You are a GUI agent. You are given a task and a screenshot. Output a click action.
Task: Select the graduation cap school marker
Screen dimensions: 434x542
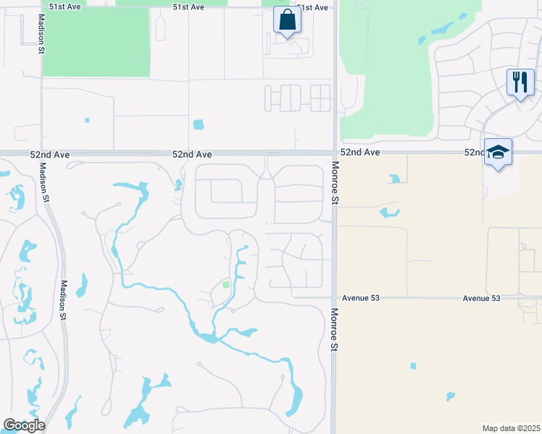[x=498, y=152]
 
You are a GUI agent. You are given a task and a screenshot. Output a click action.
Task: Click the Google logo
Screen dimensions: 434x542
[x=24, y=425]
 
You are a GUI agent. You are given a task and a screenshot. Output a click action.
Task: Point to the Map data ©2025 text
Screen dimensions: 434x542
[x=511, y=427]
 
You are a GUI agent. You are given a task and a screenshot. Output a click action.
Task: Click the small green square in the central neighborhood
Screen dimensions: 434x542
[x=225, y=285]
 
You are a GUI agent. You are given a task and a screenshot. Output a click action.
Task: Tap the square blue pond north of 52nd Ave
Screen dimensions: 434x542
[x=199, y=124]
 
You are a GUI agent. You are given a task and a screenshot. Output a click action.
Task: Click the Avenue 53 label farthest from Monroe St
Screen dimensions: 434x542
[x=482, y=298]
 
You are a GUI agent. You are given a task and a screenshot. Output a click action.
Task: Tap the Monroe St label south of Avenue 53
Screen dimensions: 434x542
[x=335, y=331]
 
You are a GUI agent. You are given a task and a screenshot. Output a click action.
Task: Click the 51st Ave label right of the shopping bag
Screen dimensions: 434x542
[x=312, y=7]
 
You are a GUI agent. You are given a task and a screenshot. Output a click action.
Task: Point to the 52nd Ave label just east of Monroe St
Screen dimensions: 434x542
[x=360, y=153]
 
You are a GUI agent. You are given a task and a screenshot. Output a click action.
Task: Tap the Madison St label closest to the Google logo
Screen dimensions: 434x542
[x=63, y=301]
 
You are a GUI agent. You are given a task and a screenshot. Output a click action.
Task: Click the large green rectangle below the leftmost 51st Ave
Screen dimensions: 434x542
[x=96, y=42]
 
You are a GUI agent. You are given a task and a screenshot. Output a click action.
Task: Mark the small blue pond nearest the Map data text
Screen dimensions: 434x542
[x=450, y=396]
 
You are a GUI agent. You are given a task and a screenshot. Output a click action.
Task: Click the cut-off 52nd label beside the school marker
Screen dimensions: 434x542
[x=475, y=153]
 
